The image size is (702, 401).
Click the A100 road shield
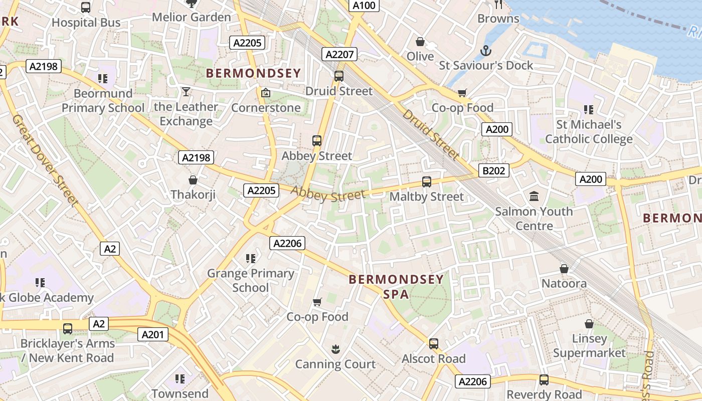(364, 6)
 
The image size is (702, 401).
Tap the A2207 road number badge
(340, 54)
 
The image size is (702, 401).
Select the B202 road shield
(493, 171)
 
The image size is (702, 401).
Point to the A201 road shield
(153, 334)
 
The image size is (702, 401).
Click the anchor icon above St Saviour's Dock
(485, 51)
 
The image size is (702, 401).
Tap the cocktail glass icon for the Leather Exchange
(186, 92)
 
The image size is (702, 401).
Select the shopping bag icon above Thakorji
(193, 179)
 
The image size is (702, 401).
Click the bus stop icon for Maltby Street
(427, 182)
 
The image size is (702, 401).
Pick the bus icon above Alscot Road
(434, 344)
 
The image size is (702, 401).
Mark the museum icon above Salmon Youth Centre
(534, 196)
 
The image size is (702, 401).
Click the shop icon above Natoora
(564, 269)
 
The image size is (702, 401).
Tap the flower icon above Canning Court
(335, 349)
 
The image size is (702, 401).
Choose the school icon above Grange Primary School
(251, 259)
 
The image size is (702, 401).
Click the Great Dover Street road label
(46, 160)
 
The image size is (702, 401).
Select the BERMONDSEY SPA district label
(396, 286)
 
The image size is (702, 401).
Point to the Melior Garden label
(192, 17)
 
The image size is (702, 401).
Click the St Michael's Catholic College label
(589, 132)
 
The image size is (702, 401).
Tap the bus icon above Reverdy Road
(544, 380)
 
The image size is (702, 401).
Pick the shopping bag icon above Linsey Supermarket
(589, 324)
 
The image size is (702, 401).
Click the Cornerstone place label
(266, 108)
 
